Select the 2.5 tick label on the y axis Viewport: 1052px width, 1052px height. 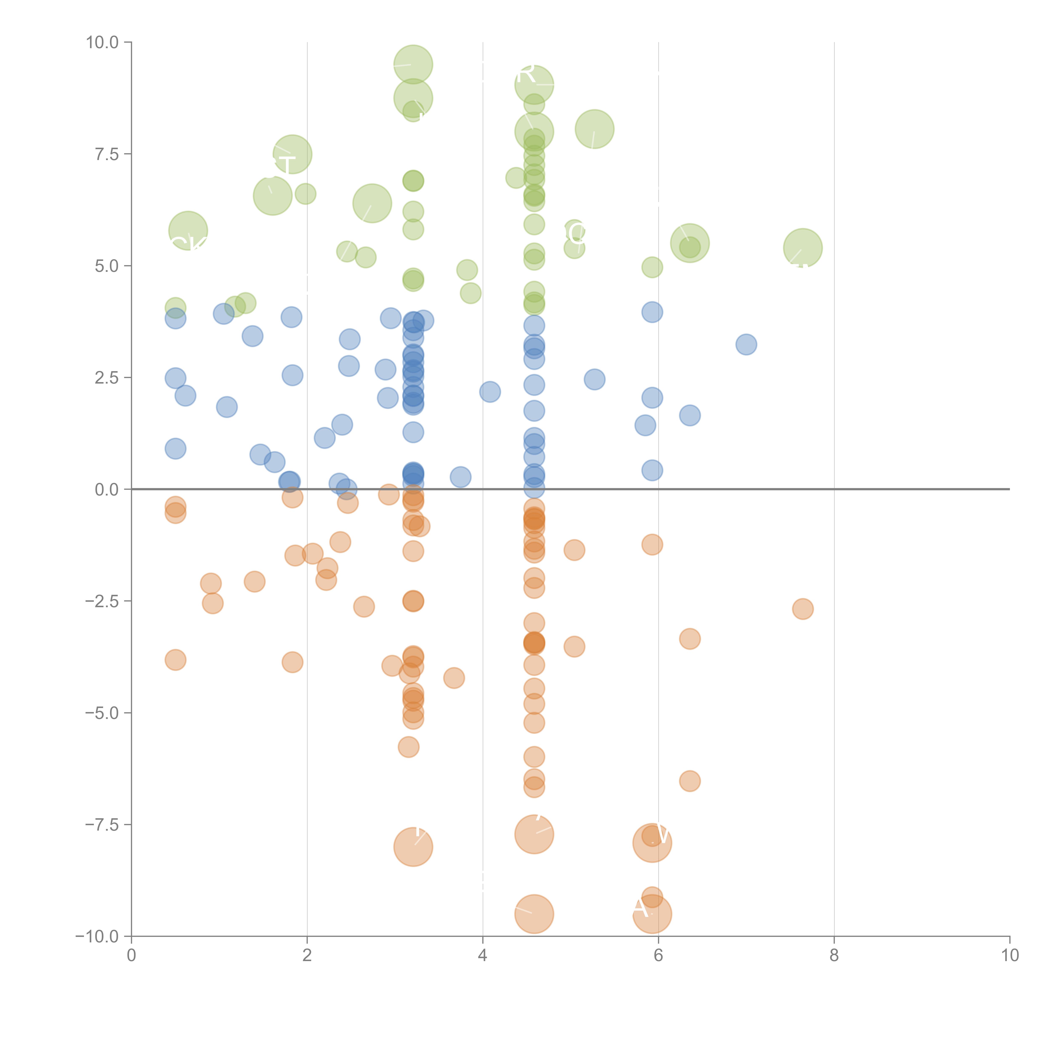107,378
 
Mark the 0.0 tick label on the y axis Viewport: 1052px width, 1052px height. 107,490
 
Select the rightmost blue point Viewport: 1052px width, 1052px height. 746,344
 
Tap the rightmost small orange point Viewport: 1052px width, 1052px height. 803,609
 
